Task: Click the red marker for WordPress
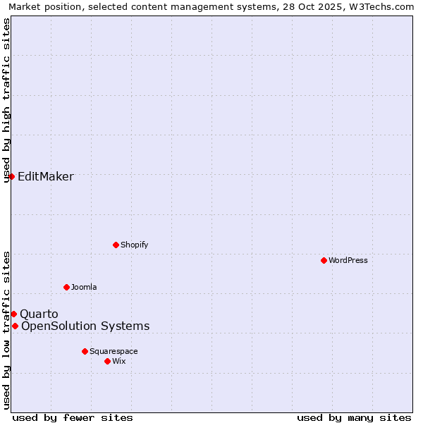[x=324, y=260]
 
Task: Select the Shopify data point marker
[x=116, y=245]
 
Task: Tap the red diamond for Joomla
[x=66, y=287]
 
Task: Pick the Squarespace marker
[x=85, y=351]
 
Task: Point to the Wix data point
[x=107, y=361]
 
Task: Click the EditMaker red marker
[x=12, y=176]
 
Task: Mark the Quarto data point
[x=13, y=314]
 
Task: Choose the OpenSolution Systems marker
[x=15, y=326]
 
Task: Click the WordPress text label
[x=348, y=260]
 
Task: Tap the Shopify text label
[x=135, y=245]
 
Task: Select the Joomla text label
[x=84, y=287]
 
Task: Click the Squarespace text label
[x=114, y=351]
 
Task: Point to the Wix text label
[x=119, y=361]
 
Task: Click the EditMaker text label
[x=46, y=176]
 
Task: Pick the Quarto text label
[x=39, y=314]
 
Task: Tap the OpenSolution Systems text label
[x=85, y=326]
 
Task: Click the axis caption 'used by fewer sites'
[x=73, y=417]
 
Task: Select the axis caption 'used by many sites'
[x=354, y=417]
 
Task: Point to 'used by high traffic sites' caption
[x=6, y=99]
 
